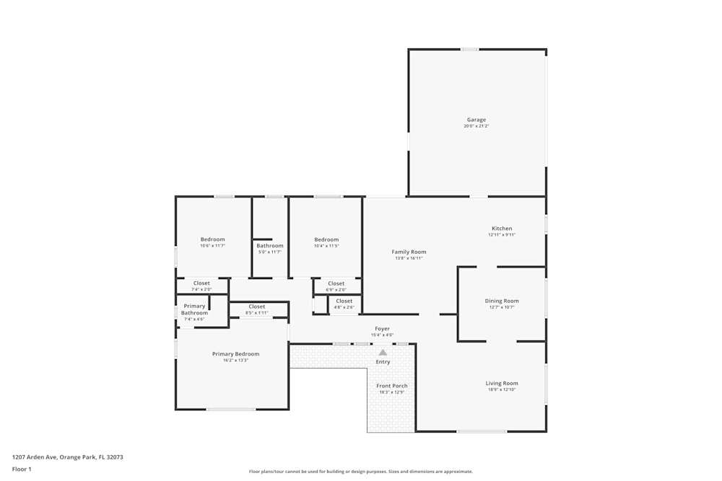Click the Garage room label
(x=476, y=120)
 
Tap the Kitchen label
(x=502, y=229)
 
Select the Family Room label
(x=409, y=252)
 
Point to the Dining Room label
(x=502, y=301)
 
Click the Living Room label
(x=502, y=383)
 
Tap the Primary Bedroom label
(x=235, y=354)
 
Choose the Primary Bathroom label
(x=194, y=309)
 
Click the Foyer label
(x=382, y=329)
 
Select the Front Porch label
(x=392, y=386)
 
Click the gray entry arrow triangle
(x=383, y=353)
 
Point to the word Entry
(x=383, y=362)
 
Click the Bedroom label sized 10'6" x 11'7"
(x=213, y=239)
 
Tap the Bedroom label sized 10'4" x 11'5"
(x=326, y=239)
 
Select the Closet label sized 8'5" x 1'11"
(x=257, y=306)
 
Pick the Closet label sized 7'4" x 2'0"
(x=201, y=283)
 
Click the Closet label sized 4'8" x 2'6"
(x=344, y=301)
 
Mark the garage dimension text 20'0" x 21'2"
(x=476, y=126)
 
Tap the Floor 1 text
(x=22, y=469)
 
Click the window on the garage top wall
(x=469, y=49)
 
